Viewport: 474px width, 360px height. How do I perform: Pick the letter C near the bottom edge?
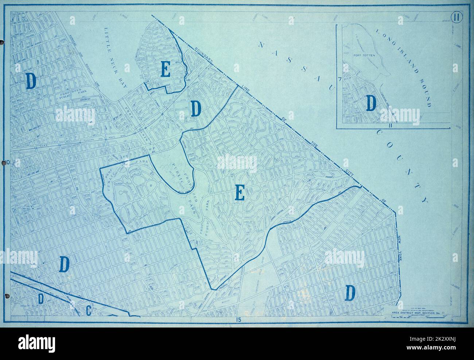88,311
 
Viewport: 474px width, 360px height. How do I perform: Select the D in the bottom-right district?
350,293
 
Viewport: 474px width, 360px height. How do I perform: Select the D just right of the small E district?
197,109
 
